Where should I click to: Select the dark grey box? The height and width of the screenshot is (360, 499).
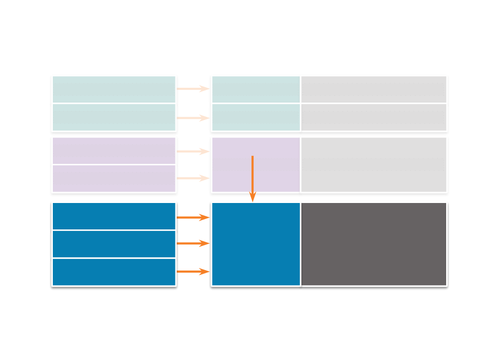coord(374,244)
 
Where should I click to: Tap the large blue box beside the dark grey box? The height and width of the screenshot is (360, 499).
coord(256,244)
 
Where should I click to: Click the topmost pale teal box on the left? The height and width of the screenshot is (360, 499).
coord(114,89)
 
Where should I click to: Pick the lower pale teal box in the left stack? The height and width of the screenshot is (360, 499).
coord(114,117)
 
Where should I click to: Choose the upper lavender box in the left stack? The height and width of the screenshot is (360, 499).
coord(114,151)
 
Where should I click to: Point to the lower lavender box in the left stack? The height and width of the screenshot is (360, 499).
coord(114,179)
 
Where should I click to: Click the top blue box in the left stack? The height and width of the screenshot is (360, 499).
coord(114,216)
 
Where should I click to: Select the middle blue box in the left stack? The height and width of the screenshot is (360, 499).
coord(114,244)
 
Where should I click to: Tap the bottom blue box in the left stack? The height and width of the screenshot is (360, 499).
coord(114,272)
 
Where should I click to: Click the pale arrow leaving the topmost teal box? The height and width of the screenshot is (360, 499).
coord(193,89)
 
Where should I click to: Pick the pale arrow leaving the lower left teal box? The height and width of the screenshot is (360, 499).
coord(193,118)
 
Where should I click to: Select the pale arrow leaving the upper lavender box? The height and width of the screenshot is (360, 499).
coord(193,152)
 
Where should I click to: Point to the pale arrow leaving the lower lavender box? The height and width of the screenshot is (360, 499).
coord(193,179)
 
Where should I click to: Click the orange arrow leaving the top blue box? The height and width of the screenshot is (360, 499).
coord(193,217)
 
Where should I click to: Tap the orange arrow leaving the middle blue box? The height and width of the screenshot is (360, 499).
coord(193,243)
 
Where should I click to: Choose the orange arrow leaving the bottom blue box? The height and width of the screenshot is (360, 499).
coord(193,272)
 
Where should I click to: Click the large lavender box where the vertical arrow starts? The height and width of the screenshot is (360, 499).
coord(233,165)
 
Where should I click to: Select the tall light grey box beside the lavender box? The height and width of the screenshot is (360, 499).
coord(374,165)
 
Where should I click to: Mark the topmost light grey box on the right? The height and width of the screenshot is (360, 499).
coord(374,89)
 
